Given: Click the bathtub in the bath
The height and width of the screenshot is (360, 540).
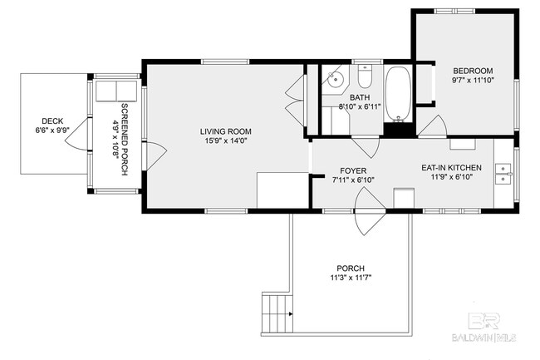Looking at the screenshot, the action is pyautogui.click(x=398, y=94).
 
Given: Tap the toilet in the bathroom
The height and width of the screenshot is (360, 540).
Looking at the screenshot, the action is pyautogui.click(x=365, y=76).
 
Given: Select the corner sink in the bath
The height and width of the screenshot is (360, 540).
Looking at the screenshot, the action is pyautogui.click(x=335, y=79).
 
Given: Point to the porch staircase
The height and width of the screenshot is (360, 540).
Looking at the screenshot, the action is pyautogui.click(x=277, y=313).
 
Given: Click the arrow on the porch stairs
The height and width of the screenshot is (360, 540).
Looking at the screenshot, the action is pyautogui.click(x=291, y=313).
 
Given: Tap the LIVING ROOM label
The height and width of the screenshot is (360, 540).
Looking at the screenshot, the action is pyautogui.click(x=226, y=131).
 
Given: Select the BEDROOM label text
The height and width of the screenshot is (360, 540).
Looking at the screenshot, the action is pyautogui.click(x=473, y=71).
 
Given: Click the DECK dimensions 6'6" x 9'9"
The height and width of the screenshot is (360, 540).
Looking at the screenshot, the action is pyautogui.click(x=52, y=131).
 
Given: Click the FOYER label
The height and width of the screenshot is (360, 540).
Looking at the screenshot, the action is pyautogui.click(x=353, y=171).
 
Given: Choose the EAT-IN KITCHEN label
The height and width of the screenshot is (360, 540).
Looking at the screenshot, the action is pyautogui.click(x=451, y=168).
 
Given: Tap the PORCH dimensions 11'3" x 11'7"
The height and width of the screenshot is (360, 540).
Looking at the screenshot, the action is pyautogui.click(x=351, y=278).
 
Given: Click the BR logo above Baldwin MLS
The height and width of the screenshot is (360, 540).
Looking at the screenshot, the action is pyautogui.click(x=484, y=321).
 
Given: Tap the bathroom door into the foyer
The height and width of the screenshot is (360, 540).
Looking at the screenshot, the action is pyautogui.click(x=366, y=147).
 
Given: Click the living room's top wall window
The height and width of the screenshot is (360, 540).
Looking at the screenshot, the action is pyautogui.click(x=225, y=62).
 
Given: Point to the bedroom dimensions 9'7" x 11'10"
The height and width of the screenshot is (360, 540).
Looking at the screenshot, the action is pyautogui.click(x=474, y=81).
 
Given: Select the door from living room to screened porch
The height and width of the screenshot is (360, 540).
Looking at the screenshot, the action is pyautogui.click(x=155, y=155).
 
